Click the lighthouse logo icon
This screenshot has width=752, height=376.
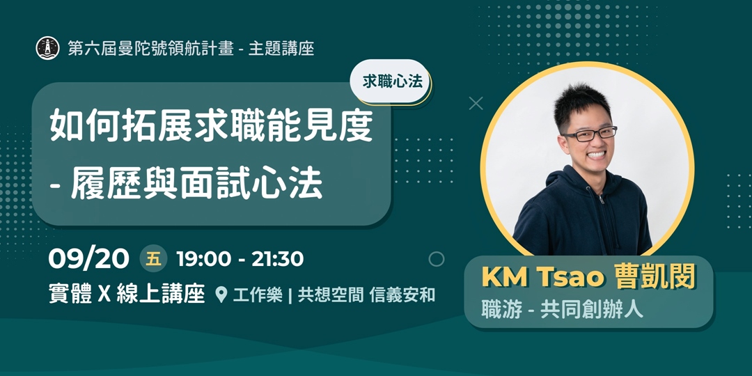pyautogui.click(x=47, y=48)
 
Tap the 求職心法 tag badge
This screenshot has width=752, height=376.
pyautogui.click(x=392, y=81)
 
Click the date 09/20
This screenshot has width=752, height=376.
pyautogui.click(x=88, y=259)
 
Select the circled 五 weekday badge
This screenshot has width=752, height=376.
pyautogui.click(x=154, y=259)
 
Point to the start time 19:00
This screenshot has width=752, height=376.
pyautogui.click(x=203, y=259)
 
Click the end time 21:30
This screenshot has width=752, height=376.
pyautogui.click(x=277, y=259)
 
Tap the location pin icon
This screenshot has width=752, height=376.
pyautogui.click(x=221, y=295)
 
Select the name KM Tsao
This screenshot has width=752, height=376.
pyautogui.click(x=543, y=276)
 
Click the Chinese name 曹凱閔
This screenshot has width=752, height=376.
pyautogui.click(x=655, y=276)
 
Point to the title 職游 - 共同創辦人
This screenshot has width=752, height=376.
pyautogui.click(x=563, y=308)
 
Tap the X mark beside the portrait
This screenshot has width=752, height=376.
pyautogui.click(x=476, y=104)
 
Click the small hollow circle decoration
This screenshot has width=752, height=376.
pyautogui.click(x=437, y=259)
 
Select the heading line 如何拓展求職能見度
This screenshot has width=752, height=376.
pyautogui.click(x=211, y=127)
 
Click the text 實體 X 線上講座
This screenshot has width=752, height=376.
pyautogui.click(x=126, y=295)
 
